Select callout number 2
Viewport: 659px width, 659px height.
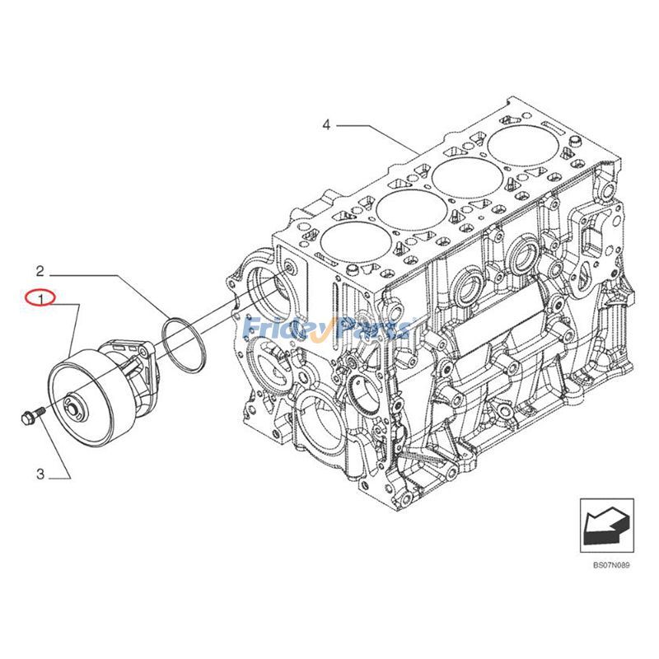[39, 269]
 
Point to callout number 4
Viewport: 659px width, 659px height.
[326, 124]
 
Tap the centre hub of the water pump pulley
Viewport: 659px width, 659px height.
[73, 404]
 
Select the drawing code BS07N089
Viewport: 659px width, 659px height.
[610, 565]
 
